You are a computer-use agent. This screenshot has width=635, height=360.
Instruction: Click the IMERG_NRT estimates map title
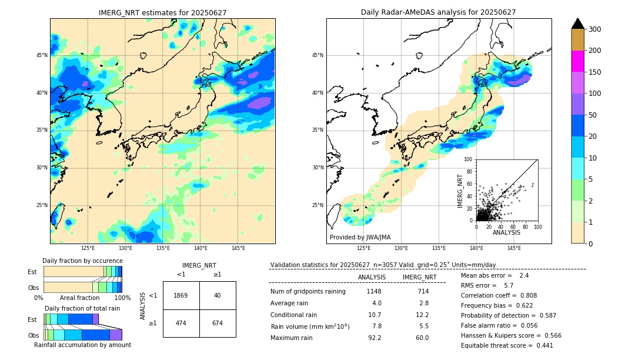[162, 12]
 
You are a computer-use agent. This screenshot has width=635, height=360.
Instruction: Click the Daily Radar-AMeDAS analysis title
[438, 12]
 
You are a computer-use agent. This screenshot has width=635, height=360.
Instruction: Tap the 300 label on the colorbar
[594, 29]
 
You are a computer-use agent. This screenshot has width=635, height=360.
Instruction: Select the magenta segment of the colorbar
[577, 61]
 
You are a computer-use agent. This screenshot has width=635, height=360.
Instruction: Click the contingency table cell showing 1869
[181, 295]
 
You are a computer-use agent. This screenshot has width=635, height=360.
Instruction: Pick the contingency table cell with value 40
[218, 295]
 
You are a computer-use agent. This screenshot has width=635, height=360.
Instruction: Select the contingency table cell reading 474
[181, 324]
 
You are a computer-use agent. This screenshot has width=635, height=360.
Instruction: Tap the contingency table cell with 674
[218, 324]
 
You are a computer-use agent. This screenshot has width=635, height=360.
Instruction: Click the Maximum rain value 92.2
[375, 338]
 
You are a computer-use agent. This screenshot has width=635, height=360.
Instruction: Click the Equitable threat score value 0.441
[540, 345]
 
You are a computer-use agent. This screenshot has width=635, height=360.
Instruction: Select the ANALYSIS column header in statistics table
[372, 277]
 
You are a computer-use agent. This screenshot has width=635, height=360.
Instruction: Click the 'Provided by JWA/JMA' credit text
[360, 237]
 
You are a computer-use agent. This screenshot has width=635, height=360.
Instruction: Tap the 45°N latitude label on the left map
[42, 55]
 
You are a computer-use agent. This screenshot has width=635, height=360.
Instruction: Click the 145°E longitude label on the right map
[514, 248]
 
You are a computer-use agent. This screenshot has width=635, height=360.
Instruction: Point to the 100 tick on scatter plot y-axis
[469, 159]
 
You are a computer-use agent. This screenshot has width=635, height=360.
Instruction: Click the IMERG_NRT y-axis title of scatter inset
[460, 190]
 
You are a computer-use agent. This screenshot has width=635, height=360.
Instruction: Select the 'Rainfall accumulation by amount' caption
[82, 345]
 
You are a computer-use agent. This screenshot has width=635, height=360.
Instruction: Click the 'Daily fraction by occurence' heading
[82, 261]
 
